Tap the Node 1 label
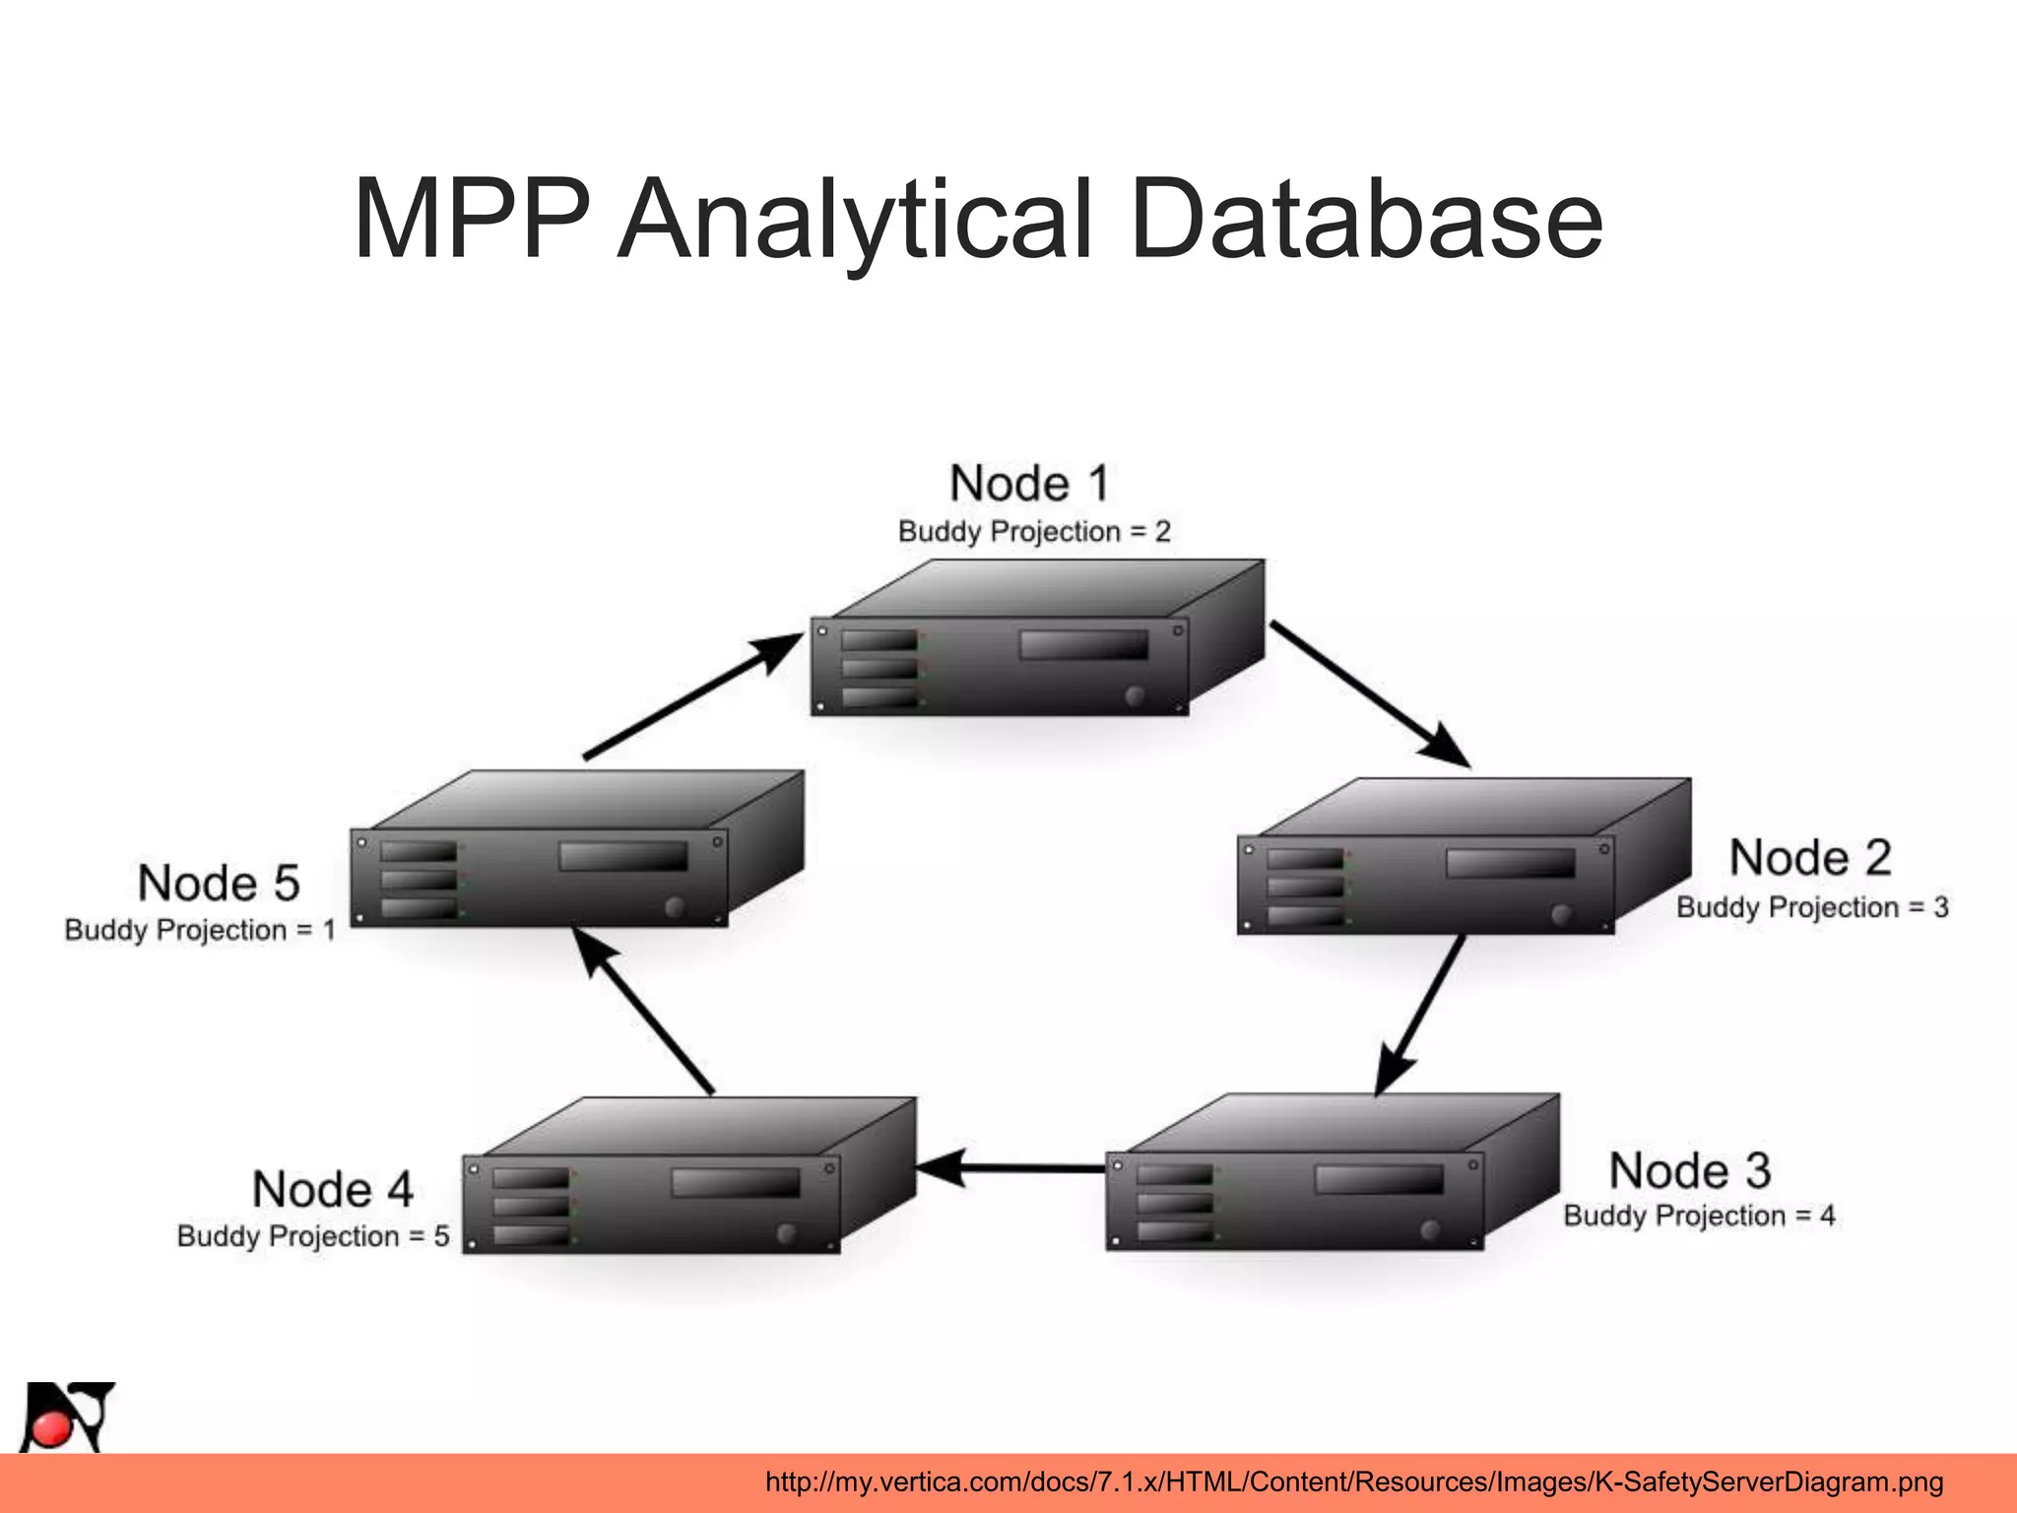point(1029,484)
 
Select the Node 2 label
point(1810,858)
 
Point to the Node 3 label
point(1690,1171)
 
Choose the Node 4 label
point(333,1189)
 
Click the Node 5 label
point(219,883)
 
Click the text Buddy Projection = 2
point(1034,532)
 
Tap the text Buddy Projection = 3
point(1812,907)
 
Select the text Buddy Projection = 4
point(1699,1216)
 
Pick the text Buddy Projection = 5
point(313,1236)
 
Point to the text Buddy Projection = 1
point(200,930)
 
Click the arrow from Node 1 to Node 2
point(1369,693)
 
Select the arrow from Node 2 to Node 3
point(1421,1014)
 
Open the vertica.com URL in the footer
point(1353,1481)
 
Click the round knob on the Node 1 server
point(1135,695)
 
